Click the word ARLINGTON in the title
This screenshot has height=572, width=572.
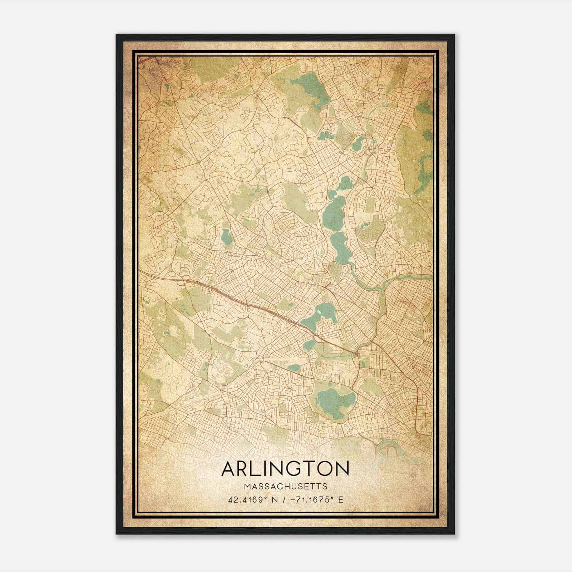click(x=285, y=469)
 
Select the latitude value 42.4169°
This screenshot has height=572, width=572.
click(x=247, y=499)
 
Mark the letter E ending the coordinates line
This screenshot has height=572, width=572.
click(x=341, y=499)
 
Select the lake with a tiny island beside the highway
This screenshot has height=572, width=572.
click(x=322, y=315)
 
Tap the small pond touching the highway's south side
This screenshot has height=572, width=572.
click(x=308, y=345)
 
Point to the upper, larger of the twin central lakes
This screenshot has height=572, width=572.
click(x=334, y=214)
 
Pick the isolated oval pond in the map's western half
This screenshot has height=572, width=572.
click(x=225, y=237)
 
